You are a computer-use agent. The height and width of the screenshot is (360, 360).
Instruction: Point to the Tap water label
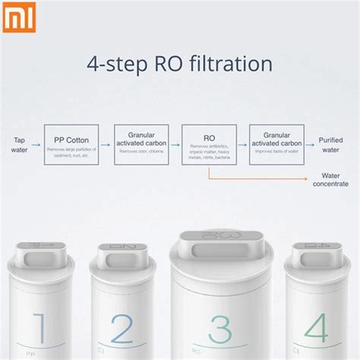tap(19, 144)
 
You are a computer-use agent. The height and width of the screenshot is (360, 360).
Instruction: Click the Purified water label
tap(331, 144)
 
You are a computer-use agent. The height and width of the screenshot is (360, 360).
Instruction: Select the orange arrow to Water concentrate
tap(258, 178)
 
